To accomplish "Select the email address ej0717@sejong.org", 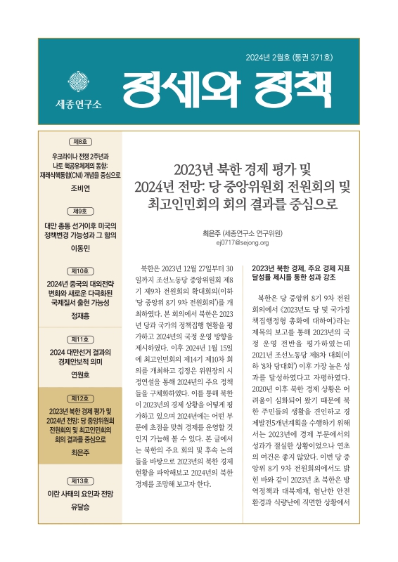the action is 244,242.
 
